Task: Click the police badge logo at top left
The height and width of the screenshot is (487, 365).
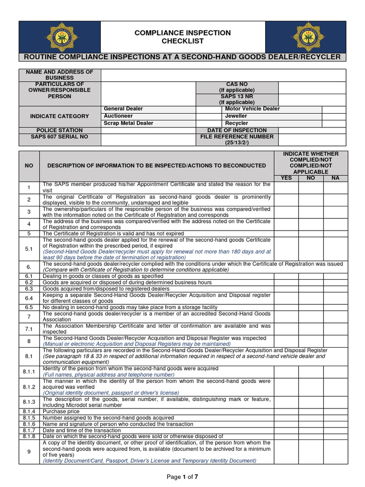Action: click(60, 37)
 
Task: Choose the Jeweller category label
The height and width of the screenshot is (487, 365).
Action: click(236, 116)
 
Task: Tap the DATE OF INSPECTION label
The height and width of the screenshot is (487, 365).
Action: click(237, 130)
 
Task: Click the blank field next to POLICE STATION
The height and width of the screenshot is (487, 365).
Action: click(148, 130)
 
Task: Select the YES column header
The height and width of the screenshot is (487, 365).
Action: click(286, 178)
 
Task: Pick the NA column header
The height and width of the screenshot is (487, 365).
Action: click(336, 178)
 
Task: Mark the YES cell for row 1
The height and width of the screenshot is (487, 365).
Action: click(286, 187)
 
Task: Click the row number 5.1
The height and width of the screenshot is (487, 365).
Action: click(29, 249)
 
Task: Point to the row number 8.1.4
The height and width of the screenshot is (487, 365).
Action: click(29, 411)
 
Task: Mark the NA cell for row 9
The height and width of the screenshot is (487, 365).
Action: click(336, 452)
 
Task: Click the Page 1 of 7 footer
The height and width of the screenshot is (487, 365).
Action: click(182, 477)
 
